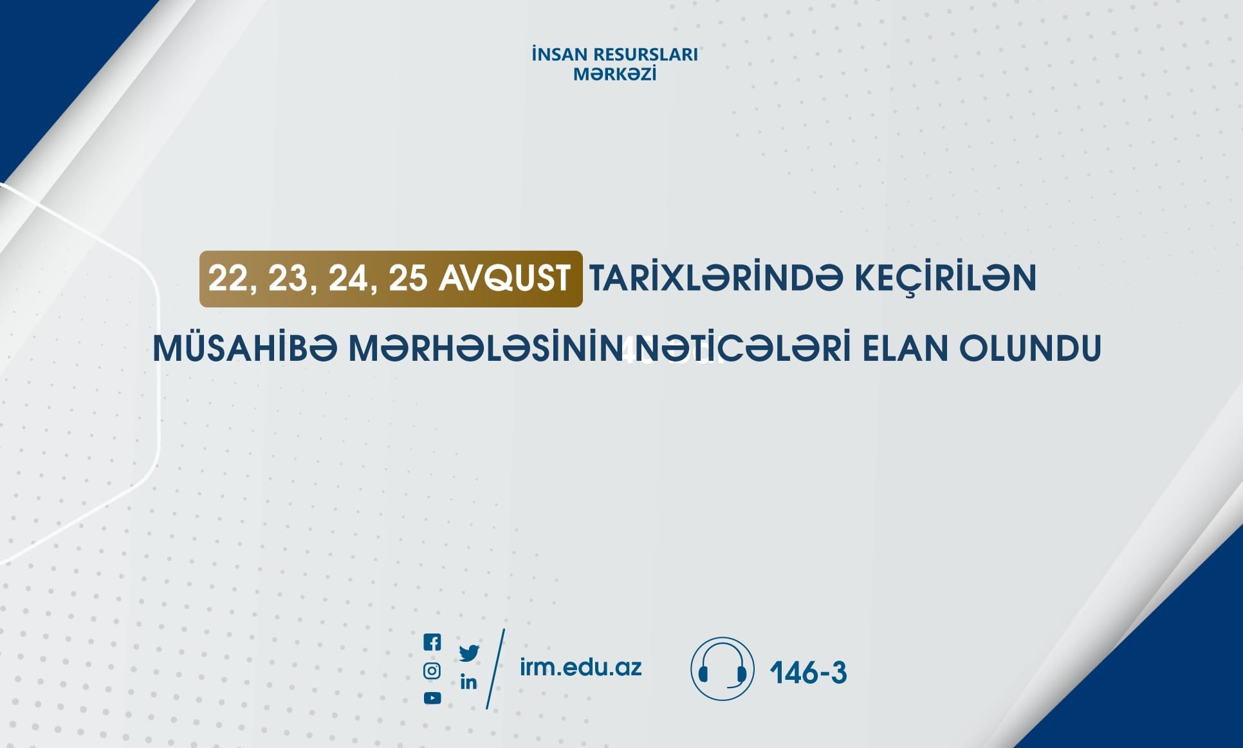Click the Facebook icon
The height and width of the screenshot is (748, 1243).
coord(432,642)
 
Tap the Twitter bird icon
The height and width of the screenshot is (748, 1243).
coord(469,653)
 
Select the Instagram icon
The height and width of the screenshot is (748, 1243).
coord(432,671)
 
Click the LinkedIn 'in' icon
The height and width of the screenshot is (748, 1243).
coord(468,682)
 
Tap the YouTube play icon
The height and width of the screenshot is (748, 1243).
coord(432,698)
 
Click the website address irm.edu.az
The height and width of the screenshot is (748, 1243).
coord(580,668)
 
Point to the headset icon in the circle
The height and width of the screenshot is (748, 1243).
coord(722,669)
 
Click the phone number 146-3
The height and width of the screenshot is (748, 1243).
coord(808,673)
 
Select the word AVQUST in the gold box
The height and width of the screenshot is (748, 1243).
coord(505,278)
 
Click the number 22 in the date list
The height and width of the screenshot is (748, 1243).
coord(228,279)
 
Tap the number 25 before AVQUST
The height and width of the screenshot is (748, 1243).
coord(408,279)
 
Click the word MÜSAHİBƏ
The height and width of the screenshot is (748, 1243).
coord(245,348)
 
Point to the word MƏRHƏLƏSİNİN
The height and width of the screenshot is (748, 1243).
coord(486,349)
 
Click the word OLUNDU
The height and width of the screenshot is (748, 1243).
coord(1031,349)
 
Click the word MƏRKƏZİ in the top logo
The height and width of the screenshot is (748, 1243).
coord(615,74)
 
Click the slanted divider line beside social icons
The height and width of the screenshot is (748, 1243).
coord(495,669)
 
